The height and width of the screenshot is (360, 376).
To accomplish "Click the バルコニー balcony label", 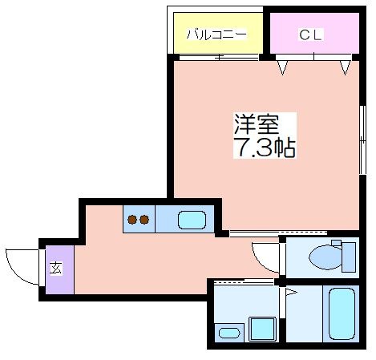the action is (216, 34).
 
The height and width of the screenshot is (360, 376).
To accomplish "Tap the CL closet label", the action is (310, 34).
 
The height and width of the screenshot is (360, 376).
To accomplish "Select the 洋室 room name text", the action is (257, 124).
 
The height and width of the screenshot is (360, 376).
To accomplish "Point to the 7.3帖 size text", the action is (265, 148).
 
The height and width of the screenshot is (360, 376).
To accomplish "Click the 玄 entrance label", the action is (55, 269).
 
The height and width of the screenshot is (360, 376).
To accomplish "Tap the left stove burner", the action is (132, 220).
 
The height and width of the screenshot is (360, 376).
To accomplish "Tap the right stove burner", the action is (144, 220).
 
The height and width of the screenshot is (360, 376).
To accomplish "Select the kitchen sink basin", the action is (192, 220).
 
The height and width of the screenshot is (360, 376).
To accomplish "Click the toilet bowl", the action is (325, 257).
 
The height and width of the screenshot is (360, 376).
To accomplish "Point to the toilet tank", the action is (349, 257).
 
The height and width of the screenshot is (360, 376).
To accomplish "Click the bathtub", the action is (342, 314).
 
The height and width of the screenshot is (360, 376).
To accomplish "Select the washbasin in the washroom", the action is (229, 333).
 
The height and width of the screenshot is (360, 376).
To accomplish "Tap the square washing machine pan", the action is (262, 329).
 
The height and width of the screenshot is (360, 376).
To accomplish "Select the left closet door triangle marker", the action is (282, 67).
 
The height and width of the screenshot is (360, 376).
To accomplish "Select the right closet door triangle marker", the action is (345, 67).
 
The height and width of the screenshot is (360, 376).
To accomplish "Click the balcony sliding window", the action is (219, 57).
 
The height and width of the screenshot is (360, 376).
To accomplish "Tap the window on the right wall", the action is (362, 140).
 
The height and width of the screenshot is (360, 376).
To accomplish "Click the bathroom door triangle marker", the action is (291, 292).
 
